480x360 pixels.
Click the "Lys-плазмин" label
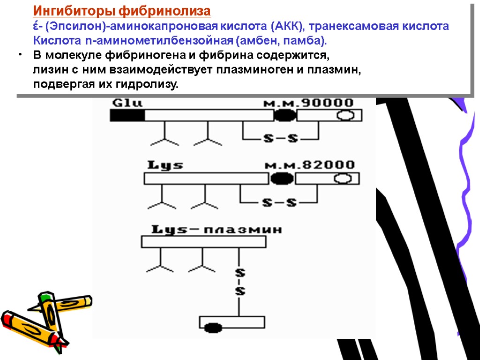pos(217,230)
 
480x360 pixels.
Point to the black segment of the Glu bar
pos(127,115)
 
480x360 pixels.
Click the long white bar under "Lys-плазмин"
pos(204,241)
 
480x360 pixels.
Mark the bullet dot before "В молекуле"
pos(21,55)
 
